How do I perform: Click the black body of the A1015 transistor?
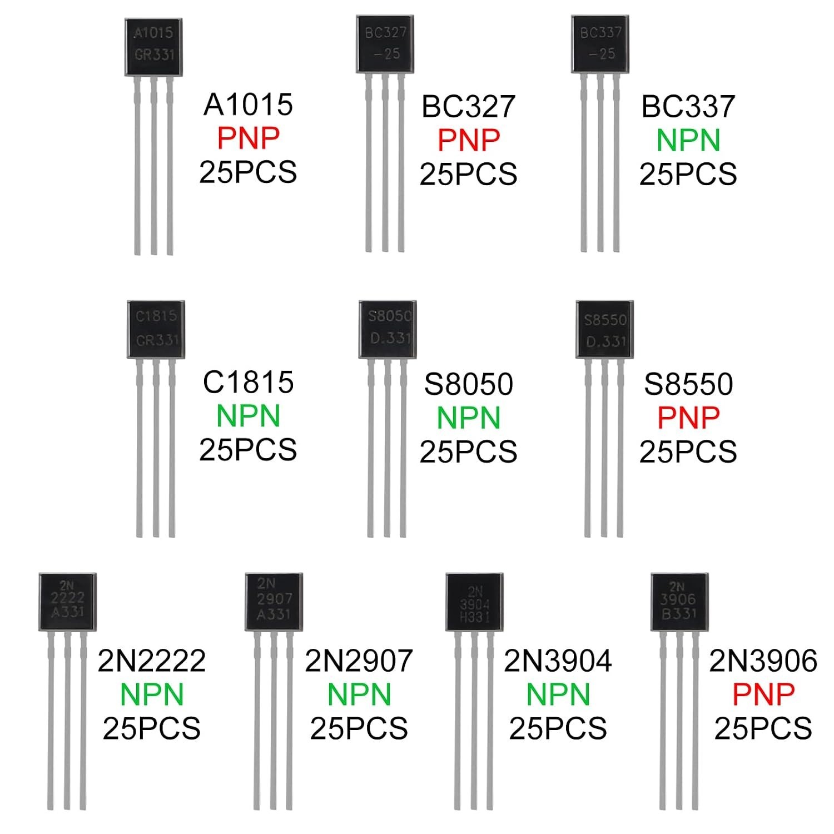(152, 47)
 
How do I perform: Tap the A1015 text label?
(248, 105)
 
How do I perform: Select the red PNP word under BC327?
(469, 140)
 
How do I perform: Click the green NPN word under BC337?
(688, 140)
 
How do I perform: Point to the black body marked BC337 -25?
(600, 44)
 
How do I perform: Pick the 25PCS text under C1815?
(248, 450)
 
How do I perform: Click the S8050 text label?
(468, 384)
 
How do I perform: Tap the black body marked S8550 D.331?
(605, 329)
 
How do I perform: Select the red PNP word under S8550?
(688, 418)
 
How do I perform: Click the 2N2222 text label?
(152, 661)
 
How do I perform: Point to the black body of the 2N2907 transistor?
(274, 602)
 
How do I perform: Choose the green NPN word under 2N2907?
(359, 694)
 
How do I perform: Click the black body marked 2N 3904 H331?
(475, 602)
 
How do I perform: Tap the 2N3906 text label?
(763, 661)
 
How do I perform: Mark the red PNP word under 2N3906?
(763, 693)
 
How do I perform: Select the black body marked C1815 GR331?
(156, 330)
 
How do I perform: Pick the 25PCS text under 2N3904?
(558, 728)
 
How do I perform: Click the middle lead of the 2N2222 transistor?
(68, 720)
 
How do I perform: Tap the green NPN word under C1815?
(248, 416)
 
